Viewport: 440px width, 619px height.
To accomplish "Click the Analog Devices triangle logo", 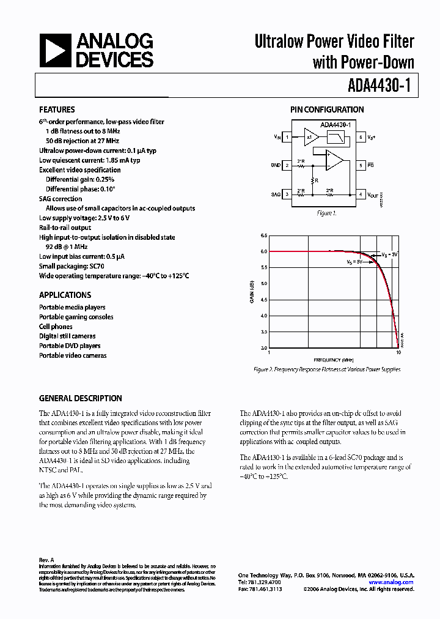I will click(x=56, y=50).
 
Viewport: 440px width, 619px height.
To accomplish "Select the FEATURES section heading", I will click(x=57, y=109).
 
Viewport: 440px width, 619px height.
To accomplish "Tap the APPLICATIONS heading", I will click(x=65, y=294).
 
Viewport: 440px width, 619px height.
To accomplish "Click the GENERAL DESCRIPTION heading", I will click(x=80, y=398).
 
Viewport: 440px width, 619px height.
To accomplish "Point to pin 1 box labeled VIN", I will click(x=287, y=138).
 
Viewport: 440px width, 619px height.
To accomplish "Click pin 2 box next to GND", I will click(x=287, y=166).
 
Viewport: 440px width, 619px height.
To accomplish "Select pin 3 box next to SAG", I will click(x=287, y=195).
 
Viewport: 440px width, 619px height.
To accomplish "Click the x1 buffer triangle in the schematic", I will click(x=310, y=138).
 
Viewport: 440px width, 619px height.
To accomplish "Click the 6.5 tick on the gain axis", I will click(x=264, y=235).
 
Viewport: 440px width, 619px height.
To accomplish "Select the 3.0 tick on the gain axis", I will click(x=264, y=348).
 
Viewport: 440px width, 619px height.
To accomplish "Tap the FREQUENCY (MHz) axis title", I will click(x=334, y=360).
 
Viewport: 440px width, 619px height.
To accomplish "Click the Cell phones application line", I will click(x=56, y=327).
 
